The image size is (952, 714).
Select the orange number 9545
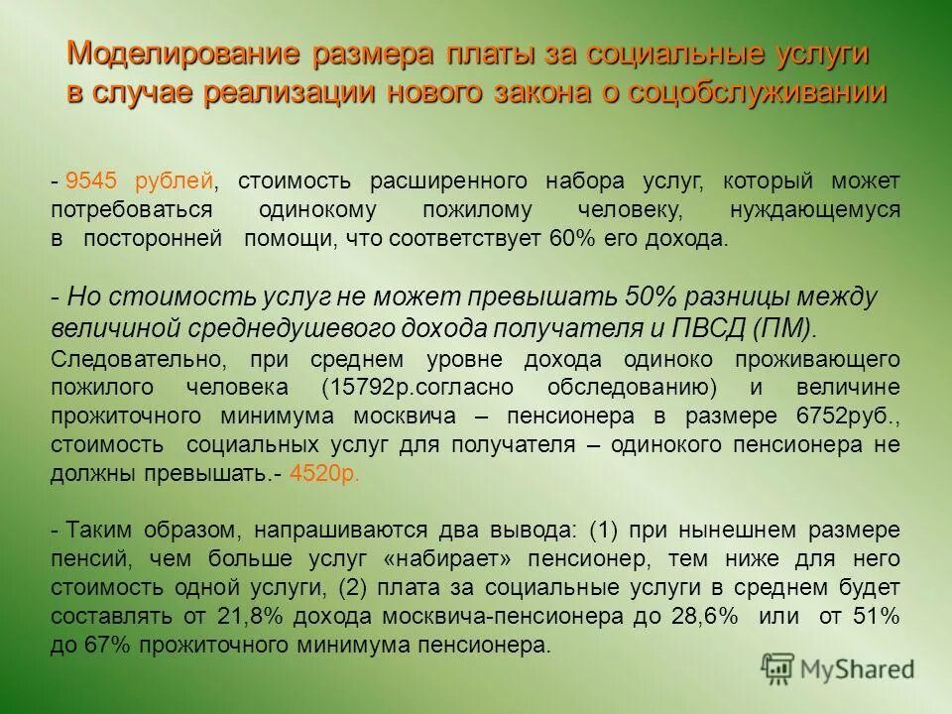click(x=91, y=181)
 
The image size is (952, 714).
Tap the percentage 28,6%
click(x=710, y=616)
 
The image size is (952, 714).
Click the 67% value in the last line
click(x=116, y=646)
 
